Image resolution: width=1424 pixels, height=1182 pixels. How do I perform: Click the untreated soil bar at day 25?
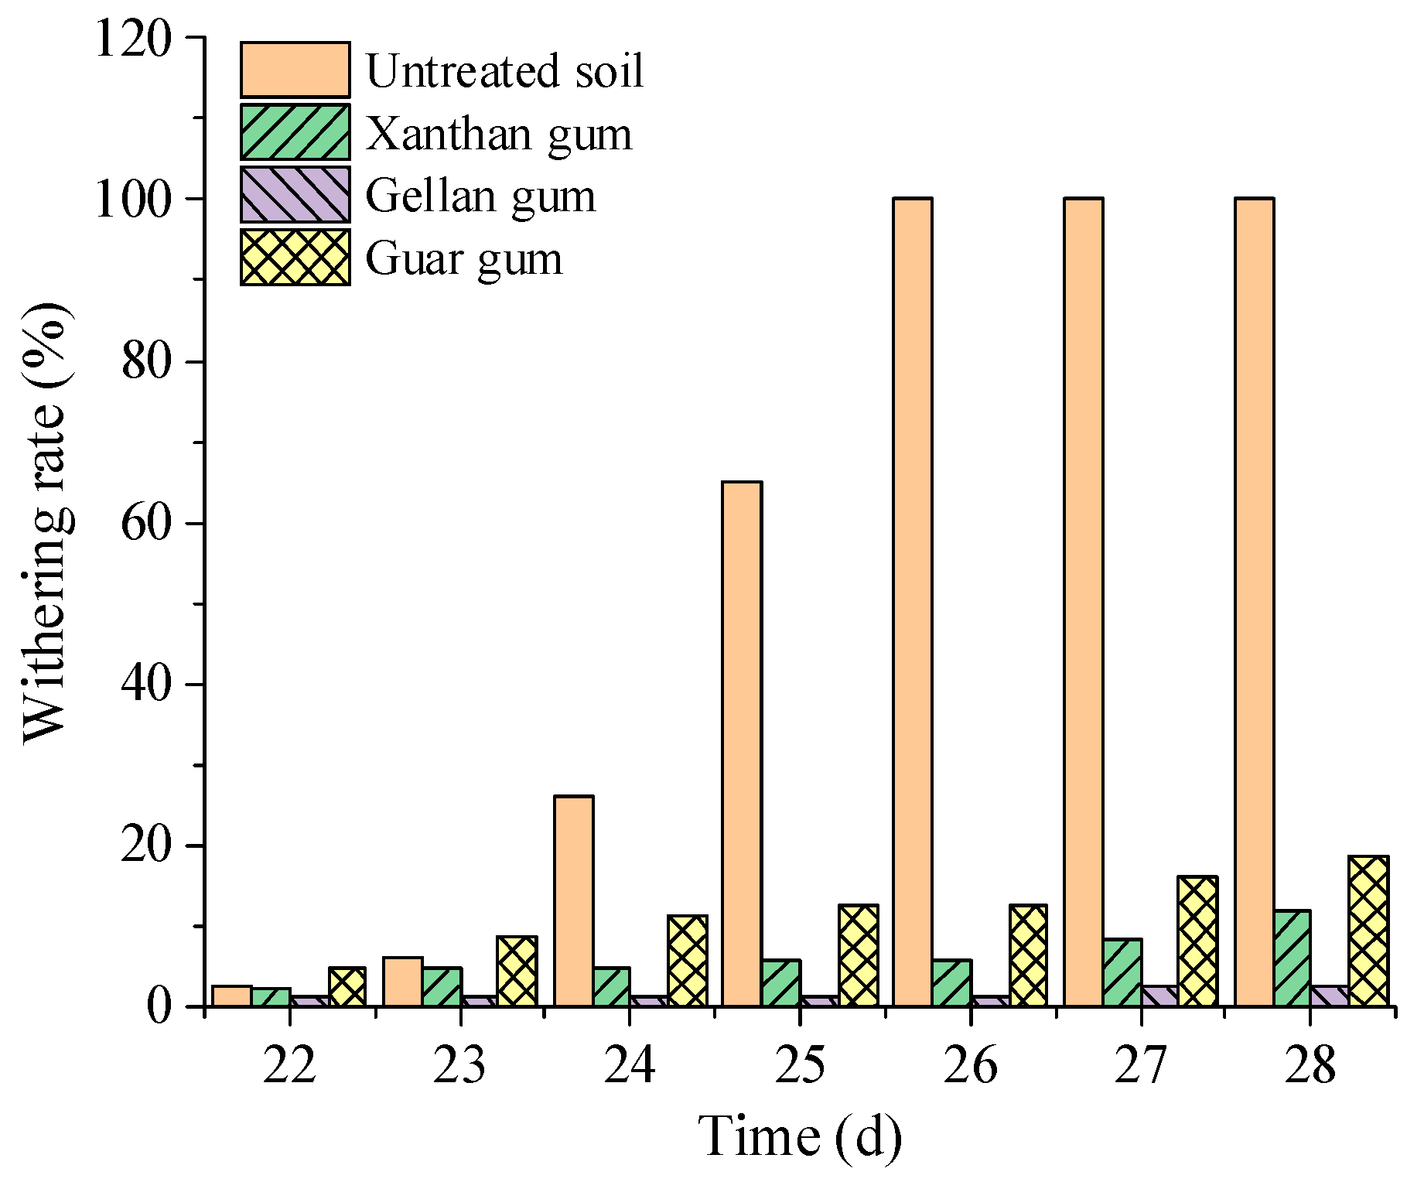[x=742, y=743]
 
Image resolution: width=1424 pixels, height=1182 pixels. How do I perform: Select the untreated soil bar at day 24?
[x=573, y=900]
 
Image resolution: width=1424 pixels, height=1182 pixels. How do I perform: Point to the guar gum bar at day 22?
[x=347, y=986]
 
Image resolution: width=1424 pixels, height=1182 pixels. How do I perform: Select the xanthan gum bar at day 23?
[x=442, y=986]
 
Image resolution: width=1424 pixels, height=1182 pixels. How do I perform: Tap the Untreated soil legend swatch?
[x=295, y=70]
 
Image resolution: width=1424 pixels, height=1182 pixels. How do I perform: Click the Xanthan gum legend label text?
[x=499, y=134]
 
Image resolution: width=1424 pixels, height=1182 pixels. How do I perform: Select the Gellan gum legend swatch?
[x=295, y=194]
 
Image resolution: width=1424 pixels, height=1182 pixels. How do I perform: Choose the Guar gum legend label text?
[x=464, y=259]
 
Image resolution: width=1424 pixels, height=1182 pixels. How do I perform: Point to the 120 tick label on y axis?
[x=132, y=38]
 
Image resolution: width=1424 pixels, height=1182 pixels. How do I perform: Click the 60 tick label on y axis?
[x=146, y=523]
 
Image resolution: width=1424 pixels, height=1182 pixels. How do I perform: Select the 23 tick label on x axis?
[x=459, y=1066]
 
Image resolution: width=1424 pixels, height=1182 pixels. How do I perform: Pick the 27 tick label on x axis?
[x=1140, y=1066]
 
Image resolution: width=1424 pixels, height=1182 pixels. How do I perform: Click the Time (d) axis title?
[x=800, y=1137]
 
